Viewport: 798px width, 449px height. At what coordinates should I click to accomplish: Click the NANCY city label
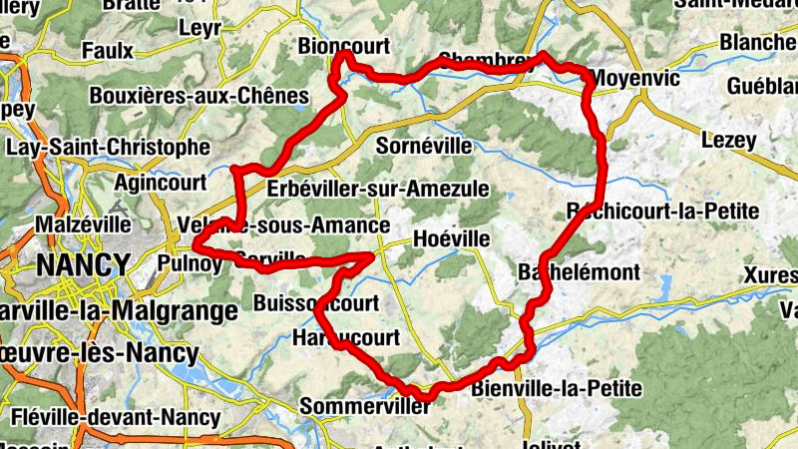[x=84, y=265]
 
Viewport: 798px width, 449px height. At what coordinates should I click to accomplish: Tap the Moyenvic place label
[x=635, y=78]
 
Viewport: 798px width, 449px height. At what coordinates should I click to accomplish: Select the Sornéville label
[x=425, y=146]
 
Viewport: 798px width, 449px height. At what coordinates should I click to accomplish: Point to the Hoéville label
[x=452, y=239]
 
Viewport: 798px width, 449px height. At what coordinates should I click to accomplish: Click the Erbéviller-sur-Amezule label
[x=378, y=189]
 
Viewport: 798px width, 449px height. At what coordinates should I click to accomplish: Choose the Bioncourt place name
[x=343, y=45]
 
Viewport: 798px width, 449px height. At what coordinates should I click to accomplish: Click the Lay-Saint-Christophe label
[x=108, y=147]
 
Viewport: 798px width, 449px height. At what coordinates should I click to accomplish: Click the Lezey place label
[x=729, y=141]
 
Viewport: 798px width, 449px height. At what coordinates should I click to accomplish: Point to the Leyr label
[x=199, y=29]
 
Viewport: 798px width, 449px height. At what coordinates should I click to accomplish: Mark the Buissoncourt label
[x=316, y=302]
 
